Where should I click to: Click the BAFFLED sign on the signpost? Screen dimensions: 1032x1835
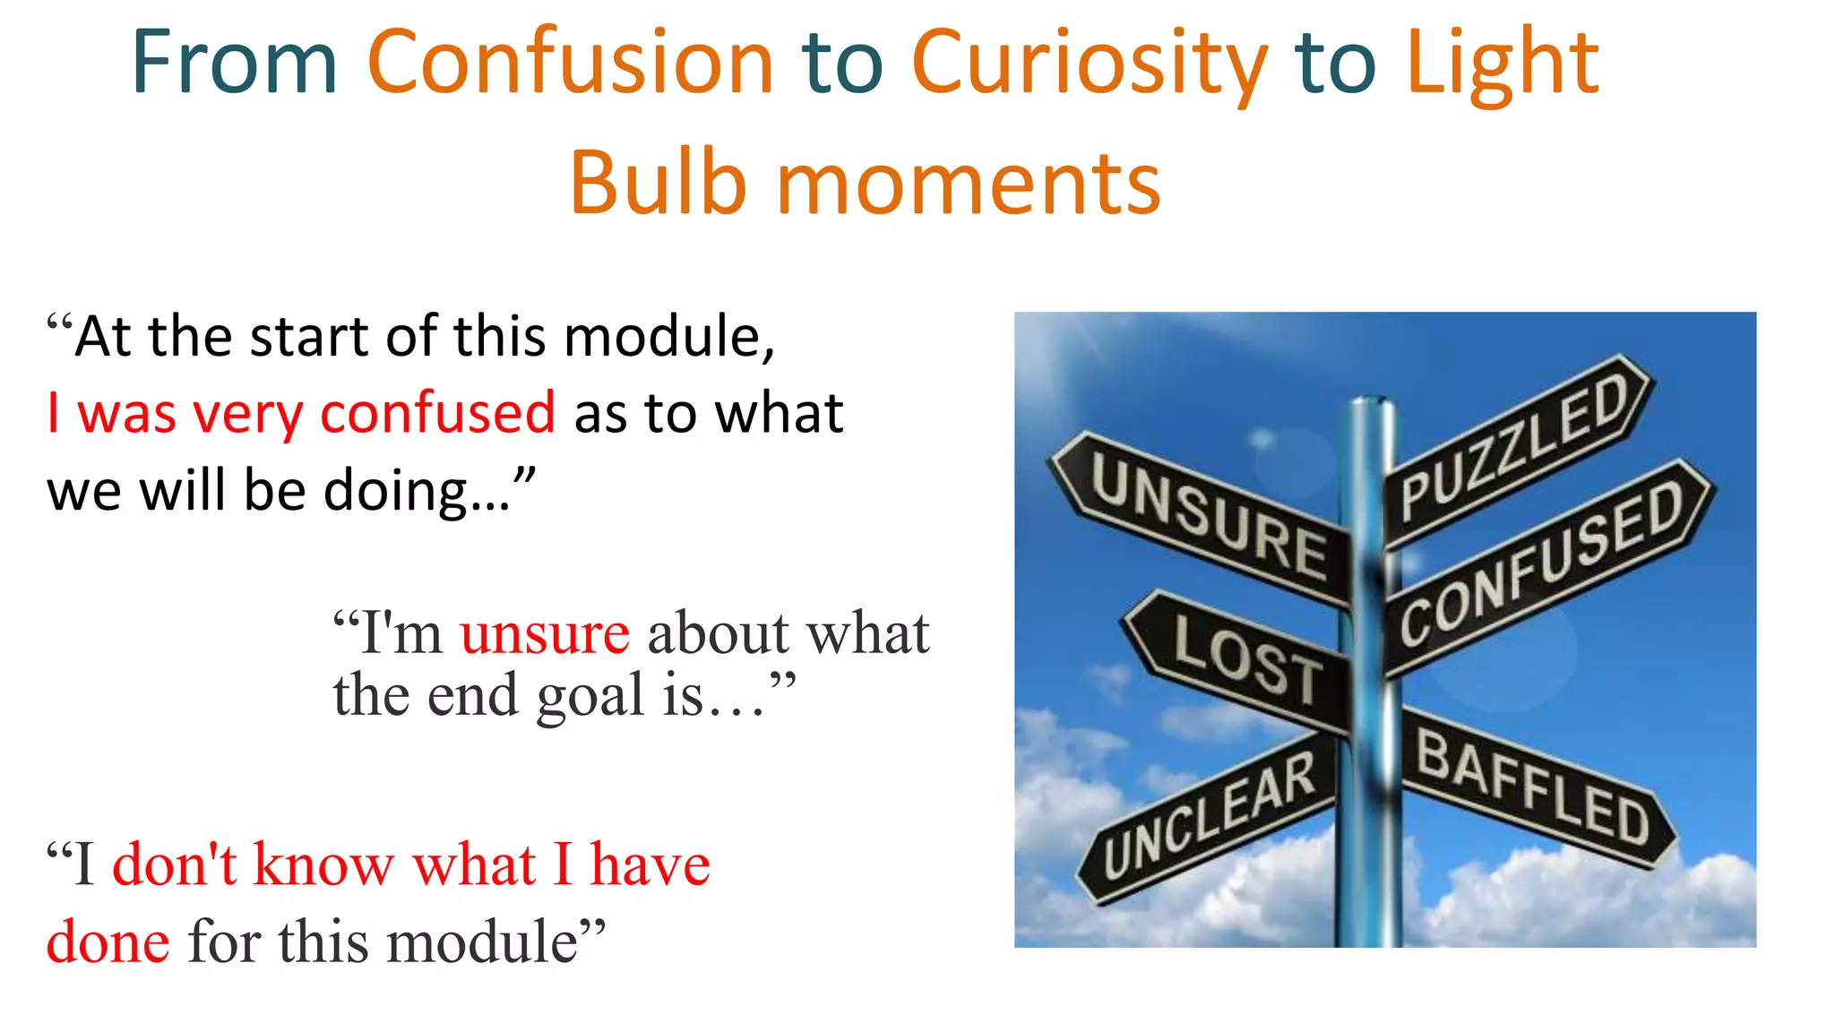point(1532,788)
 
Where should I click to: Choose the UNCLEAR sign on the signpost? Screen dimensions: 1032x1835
point(1210,815)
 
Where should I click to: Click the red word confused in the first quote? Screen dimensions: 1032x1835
point(437,414)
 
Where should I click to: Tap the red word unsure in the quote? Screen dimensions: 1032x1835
point(545,634)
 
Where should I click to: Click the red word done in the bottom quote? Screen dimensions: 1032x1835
point(108,942)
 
